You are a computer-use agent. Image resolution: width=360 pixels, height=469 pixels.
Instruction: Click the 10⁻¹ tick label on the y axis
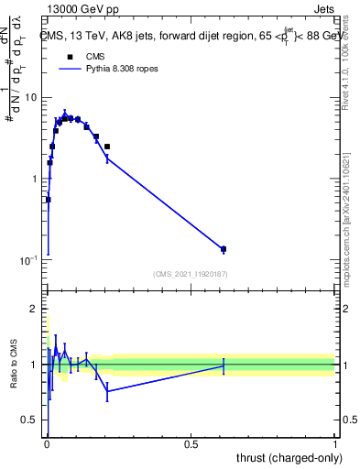click(x=29, y=261)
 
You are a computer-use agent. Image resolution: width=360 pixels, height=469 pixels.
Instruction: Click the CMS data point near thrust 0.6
click(x=224, y=249)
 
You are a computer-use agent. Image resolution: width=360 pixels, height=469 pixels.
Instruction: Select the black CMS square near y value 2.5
click(x=107, y=147)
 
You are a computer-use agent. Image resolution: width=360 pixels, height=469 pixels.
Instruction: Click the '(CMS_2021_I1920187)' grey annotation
click(x=190, y=274)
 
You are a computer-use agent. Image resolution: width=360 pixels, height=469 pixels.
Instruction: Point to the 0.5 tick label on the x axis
click(x=191, y=444)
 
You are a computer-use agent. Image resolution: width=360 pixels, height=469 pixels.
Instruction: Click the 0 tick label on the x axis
click(x=47, y=444)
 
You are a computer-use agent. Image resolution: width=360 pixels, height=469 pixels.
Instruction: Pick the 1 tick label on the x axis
click(x=335, y=444)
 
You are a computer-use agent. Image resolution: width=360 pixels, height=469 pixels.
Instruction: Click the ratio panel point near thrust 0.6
click(x=224, y=365)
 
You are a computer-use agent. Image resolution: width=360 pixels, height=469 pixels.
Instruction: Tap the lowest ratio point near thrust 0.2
click(x=107, y=391)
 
